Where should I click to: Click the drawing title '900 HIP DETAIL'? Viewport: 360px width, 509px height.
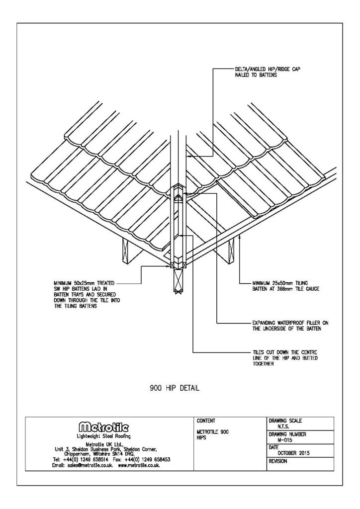tap(175, 389)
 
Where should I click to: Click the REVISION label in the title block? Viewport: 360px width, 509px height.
tap(279, 461)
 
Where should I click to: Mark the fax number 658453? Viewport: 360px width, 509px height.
tap(157, 459)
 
